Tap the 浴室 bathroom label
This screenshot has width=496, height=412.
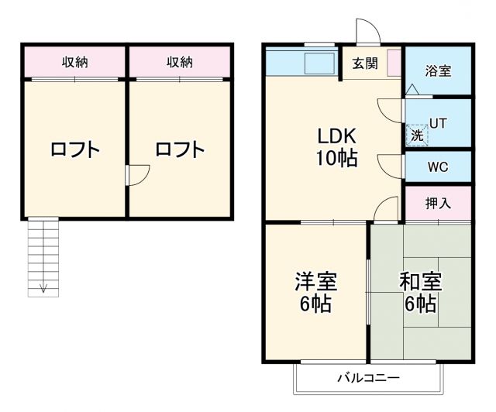(438, 70)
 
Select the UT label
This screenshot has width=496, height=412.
(438, 122)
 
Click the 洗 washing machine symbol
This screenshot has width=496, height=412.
(417, 134)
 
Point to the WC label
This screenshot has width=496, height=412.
(438, 167)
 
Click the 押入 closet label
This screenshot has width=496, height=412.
(438, 203)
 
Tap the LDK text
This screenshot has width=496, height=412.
(336, 135)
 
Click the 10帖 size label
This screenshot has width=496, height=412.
(336, 159)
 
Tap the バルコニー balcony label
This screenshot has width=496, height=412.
(367, 379)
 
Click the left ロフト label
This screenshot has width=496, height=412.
(75, 149)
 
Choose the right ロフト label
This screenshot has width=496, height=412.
(180, 149)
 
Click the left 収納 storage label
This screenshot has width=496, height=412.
(75, 62)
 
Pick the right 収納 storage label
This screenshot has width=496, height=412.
(180, 62)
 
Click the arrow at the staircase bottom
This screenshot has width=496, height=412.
(43, 289)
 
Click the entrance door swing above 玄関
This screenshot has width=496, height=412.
(367, 31)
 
